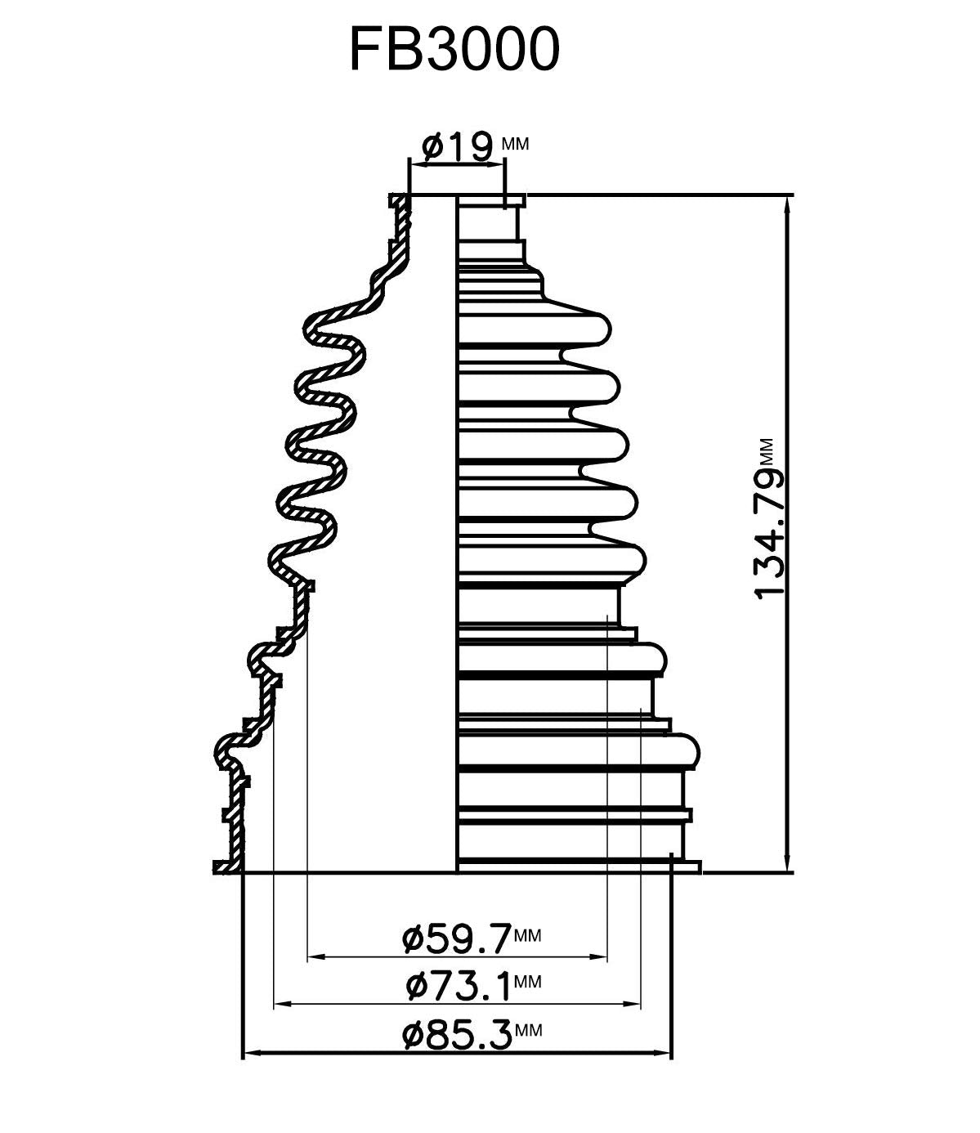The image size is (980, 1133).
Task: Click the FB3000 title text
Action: tap(454, 49)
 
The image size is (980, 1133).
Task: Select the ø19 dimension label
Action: tap(457, 146)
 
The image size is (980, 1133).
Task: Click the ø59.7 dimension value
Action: tap(456, 938)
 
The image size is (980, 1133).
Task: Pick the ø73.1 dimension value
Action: tap(458, 986)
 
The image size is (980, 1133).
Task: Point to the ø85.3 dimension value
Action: tap(456, 1036)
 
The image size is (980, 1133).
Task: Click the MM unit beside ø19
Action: tap(515, 144)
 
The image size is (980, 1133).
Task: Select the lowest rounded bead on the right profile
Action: tap(687, 750)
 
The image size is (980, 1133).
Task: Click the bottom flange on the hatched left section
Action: tap(226, 867)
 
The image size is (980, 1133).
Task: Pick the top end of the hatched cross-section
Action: tap(398, 200)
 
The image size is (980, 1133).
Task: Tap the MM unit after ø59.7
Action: tap(528, 935)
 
